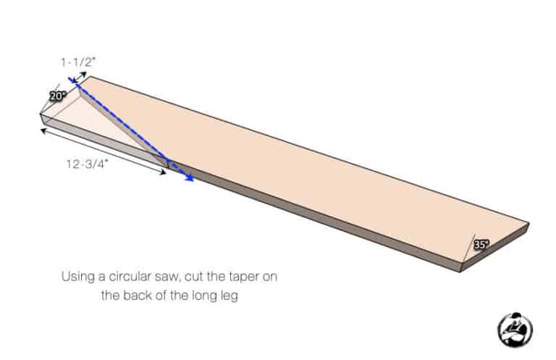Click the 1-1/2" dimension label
click(77, 63)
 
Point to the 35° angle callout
click(481, 245)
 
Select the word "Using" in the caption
click(77, 277)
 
